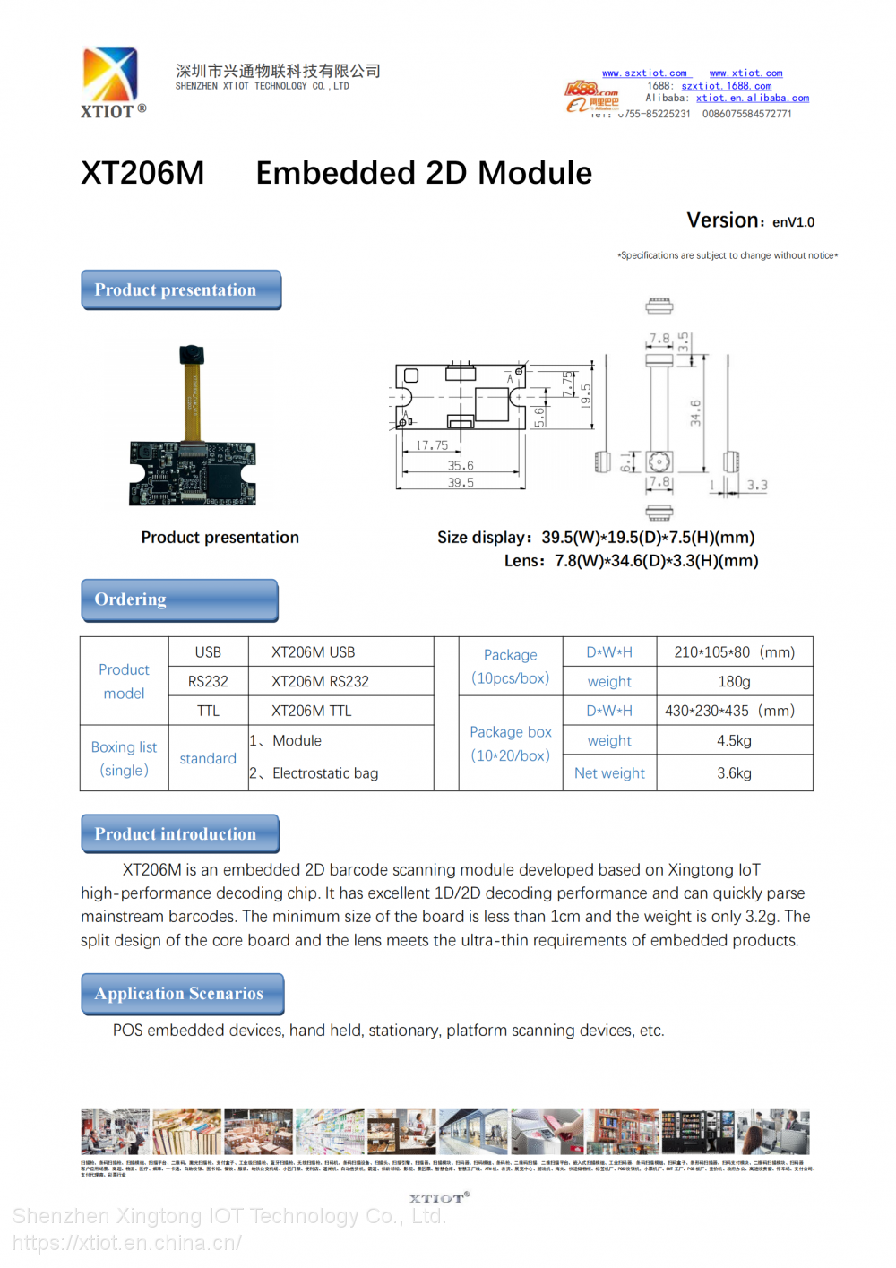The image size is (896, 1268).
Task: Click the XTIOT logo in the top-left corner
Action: click(x=112, y=82)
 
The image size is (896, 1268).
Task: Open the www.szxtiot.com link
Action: click(x=644, y=73)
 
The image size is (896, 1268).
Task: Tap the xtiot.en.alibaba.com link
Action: click(x=752, y=99)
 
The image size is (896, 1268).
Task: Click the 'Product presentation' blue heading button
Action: click(x=181, y=290)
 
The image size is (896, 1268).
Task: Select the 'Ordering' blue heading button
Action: click(x=179, y=599)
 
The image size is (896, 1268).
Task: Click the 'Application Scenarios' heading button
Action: click(x=182, y=994)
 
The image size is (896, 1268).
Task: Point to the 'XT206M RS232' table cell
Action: click(x=320, y=682)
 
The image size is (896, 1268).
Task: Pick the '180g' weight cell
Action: click(x=734, y=682)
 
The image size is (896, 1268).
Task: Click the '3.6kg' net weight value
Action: click(x=734, y=773)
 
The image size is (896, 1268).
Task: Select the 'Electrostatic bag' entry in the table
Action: click(x=324, y=773)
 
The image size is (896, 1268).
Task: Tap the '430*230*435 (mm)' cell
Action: click(x=729, y=711)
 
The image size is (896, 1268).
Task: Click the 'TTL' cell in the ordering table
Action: click(x=208, y=711)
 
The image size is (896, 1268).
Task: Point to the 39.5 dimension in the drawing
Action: click(x=461, y=483)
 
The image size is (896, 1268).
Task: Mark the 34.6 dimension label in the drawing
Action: click(x=696, y=413)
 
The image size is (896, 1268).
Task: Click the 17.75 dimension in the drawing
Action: click(x=432, y=445)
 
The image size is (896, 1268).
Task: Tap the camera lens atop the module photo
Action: click(x=191, y=354)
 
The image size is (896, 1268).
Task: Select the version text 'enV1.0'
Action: click(x=793, y=222)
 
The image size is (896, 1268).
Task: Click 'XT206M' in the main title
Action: click(x=143, y=173)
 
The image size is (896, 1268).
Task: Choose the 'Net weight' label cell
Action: click(x=609, y=773)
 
